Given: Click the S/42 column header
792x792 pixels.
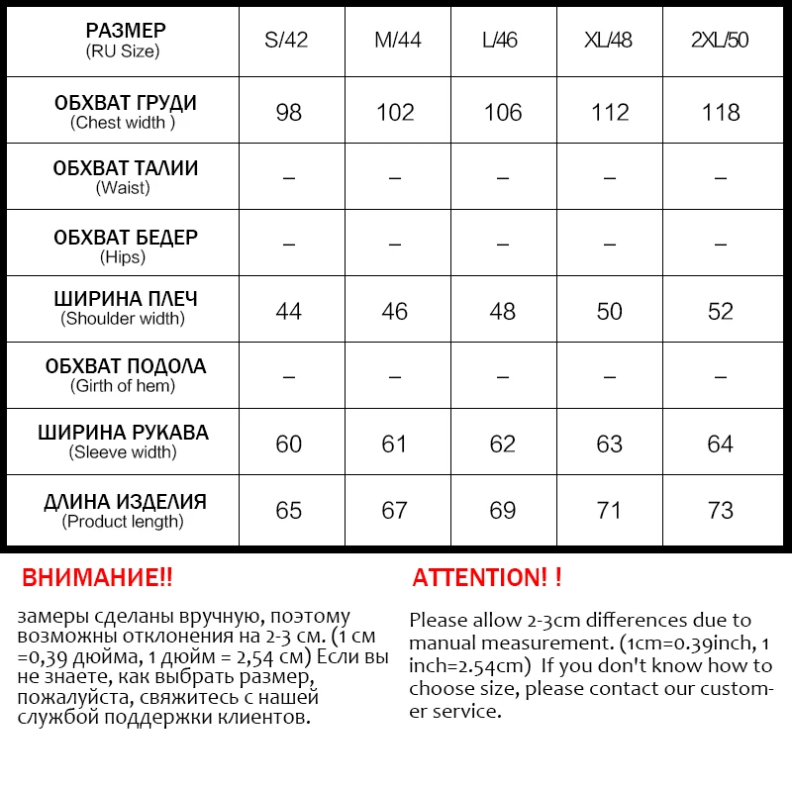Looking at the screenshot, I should click(288, 41).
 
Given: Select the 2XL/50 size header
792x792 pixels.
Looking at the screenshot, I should click(720, 41).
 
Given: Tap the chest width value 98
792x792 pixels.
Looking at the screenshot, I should click(288, 112).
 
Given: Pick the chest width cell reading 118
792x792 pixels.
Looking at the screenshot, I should click(720, 112).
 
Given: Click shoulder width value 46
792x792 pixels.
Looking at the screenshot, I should click(394, 311).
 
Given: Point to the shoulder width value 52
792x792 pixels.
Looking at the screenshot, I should click(720, 311).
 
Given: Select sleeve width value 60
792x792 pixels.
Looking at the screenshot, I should click(288, 444).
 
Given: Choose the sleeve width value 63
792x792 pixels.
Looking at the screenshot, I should click(609, 444).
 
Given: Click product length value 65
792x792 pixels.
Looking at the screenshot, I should click(288, 510).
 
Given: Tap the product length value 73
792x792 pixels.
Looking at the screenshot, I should click(720, 510).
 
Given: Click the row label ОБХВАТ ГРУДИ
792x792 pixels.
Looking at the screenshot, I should click(125, 103).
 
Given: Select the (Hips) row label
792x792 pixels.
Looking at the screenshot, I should click(123, 256).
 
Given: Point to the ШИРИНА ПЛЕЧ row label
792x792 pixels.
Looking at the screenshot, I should click(125, 299).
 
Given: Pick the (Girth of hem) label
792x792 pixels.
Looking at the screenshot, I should click(123, 386).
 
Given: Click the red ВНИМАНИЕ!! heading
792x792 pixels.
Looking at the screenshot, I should click(97, 578).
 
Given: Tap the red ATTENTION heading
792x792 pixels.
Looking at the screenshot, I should click(487, 578).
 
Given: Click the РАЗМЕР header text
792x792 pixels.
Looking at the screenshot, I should click(125, 31).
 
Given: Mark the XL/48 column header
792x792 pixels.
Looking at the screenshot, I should click(609, 41).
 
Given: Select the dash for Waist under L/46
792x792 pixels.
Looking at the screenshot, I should click(502, 178).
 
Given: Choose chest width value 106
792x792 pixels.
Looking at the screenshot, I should click(502, 112).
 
